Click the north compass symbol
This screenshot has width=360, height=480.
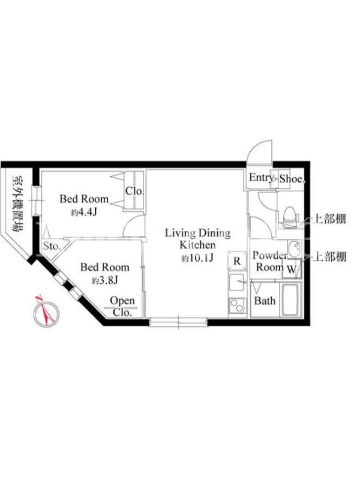tap(46, 312)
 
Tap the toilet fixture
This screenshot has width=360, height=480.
tap(289, 214)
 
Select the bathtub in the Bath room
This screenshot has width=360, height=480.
tap(291, 299)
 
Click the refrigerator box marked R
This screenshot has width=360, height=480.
tap(237, 261)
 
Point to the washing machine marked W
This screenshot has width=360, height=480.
tap(292, 269)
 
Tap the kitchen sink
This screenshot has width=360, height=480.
tap(236, 282)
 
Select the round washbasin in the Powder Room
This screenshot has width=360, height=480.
tap(295, 247)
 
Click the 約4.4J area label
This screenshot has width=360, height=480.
tap(83, 212)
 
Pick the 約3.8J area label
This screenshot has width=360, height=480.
tap(104, 280)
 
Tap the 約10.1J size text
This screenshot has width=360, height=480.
tap(197, 259)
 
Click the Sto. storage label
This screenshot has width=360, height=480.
tap(52, 246)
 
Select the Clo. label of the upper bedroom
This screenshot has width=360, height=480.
tap(134, 191)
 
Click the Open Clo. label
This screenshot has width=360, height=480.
tap(122, 307)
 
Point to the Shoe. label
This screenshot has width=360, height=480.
tap(293, 179)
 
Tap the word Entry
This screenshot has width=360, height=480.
tap(261, 178)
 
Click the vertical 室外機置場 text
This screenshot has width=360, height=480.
tap(18, 203)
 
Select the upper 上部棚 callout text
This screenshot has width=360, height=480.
tap(329, 219)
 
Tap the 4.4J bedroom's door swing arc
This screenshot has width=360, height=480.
tap(130, 221)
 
